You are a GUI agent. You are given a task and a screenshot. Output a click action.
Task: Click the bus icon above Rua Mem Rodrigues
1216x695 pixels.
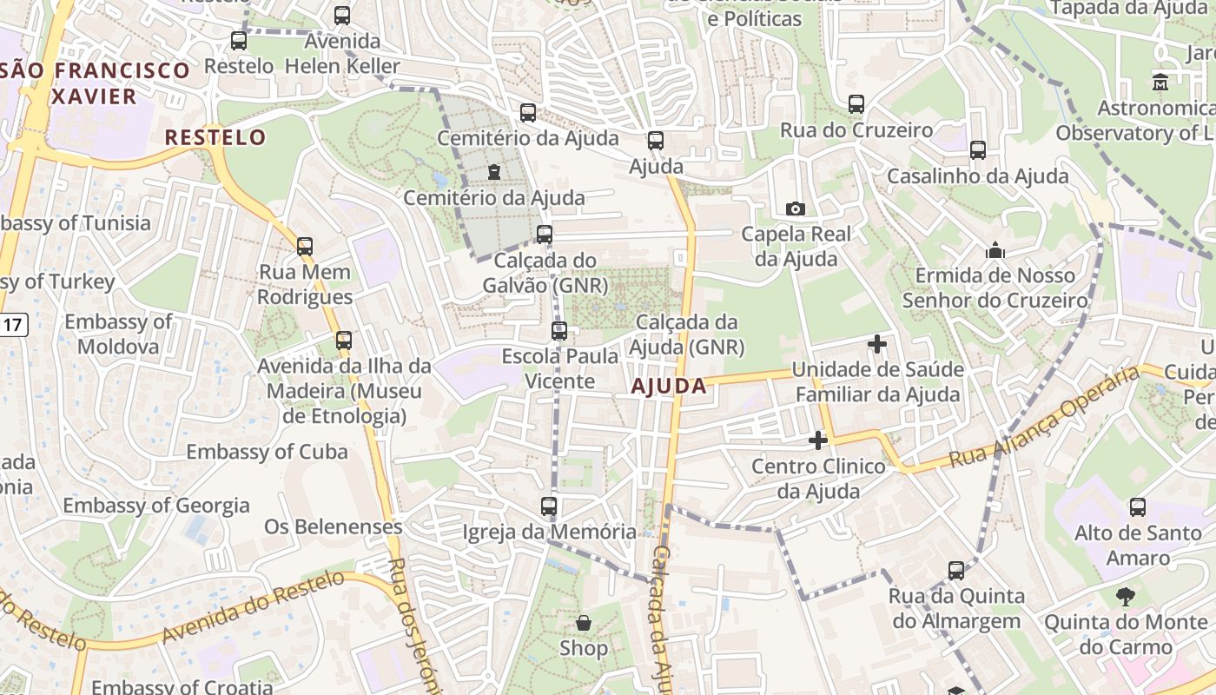pyautogui.click(x=304, y=246)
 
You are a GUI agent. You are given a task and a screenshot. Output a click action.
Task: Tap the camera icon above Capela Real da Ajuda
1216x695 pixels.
pyautogui.click(x=795, y=208)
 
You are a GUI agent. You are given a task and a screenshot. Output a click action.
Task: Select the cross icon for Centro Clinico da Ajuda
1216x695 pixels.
pyautogui.click(x=817, y=440)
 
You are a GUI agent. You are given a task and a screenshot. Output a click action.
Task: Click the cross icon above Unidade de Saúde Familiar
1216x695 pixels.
pyautogui.click(x=877, y=344)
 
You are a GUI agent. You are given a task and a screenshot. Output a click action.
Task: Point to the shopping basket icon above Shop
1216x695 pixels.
pyautogui.click(x=584, y=623)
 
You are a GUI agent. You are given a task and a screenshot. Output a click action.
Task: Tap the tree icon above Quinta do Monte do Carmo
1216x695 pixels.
pyautogui.click(x=1126, y=597)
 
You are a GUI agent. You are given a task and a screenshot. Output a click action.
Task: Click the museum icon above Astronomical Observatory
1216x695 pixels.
pyautogui.click(x=1160, y=83)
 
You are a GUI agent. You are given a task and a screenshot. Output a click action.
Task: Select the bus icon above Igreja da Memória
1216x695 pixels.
pyautogui.click(x=548, y=506)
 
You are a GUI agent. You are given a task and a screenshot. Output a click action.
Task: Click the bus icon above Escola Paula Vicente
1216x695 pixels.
pyautogui.click(x=559, y=331)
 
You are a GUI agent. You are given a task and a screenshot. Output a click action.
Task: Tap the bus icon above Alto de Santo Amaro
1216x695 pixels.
pyautogui.click(x=1137, y=506)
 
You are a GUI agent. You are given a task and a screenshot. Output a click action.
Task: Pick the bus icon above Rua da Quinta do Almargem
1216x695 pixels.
pyautogui.click(x=956, y=571)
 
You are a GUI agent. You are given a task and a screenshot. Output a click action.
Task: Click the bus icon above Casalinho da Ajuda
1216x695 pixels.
pyautogui.click(x=978, y=150)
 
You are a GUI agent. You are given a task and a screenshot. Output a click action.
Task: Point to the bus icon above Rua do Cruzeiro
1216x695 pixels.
pyautogui.click(x=856, y=104)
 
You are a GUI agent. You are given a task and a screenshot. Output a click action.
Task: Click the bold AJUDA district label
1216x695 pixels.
pyautogui.click(x=669, y=387)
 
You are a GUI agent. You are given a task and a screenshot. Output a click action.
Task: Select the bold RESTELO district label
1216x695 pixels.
pyautogui.click(x=215, y=137)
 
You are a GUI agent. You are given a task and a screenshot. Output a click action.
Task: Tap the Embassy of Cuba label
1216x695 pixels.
pyautogui.click(x=267, y=452)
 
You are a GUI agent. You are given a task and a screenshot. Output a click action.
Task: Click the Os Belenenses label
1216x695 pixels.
pyautogui.click(x=334, y=526)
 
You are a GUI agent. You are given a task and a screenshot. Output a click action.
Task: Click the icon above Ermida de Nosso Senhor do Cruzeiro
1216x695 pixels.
pyautogui.click(x=995, y=251)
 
